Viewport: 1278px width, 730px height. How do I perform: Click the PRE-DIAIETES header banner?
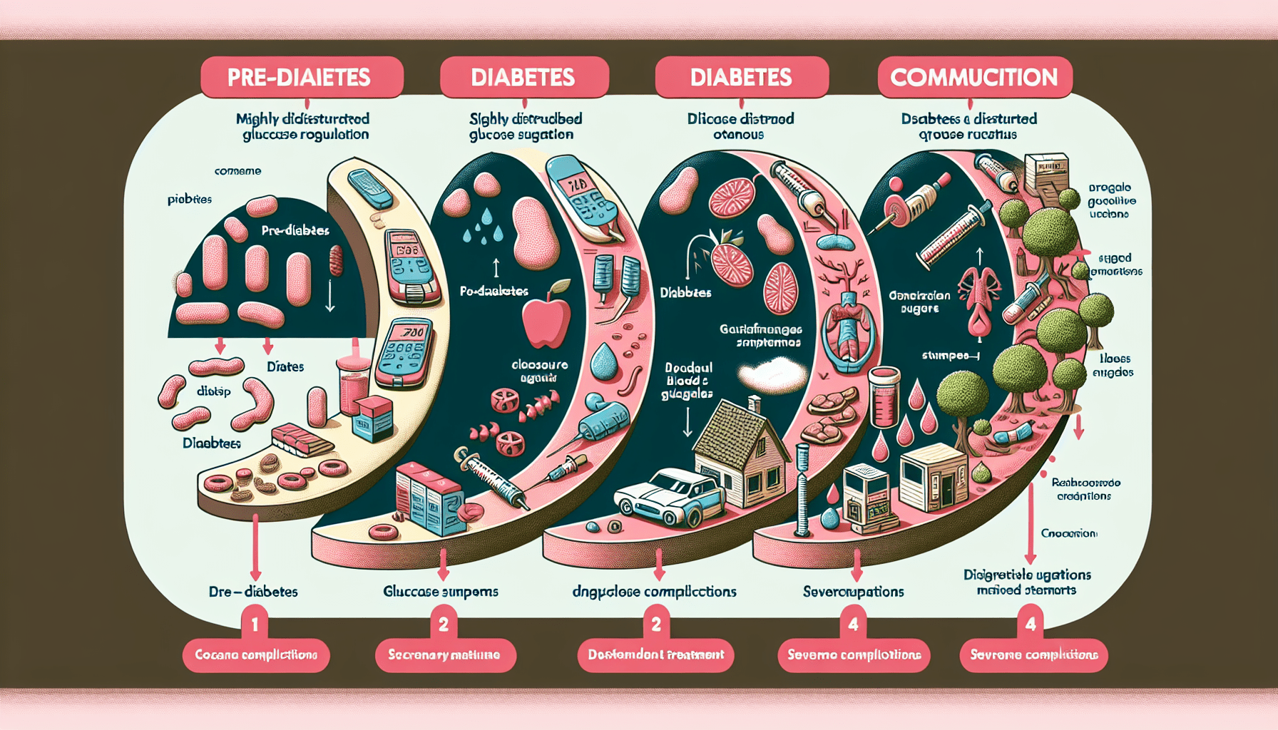click(299, 77)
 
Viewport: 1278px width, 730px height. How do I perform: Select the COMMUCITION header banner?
click(973, 77)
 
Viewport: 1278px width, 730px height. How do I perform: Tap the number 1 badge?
click(255, 624)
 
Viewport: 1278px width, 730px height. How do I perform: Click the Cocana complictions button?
click(255, 654)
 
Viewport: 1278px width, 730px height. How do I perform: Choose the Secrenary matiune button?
click(444, 654)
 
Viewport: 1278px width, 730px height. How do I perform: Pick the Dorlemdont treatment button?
click(655, 654)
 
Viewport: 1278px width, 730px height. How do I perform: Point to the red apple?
click(546, 322)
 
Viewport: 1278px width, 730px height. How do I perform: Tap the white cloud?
click(772, 373)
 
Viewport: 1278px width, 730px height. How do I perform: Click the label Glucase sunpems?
click(440, 591)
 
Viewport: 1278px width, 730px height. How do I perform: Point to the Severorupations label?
click(853, 591)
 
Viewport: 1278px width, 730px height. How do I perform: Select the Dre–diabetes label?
click(253, 591)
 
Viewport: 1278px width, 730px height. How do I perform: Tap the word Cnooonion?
click(1068, 533)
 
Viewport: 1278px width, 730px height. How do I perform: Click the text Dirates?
click(285, 366)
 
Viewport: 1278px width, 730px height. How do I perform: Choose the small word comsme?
click(237, 171)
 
